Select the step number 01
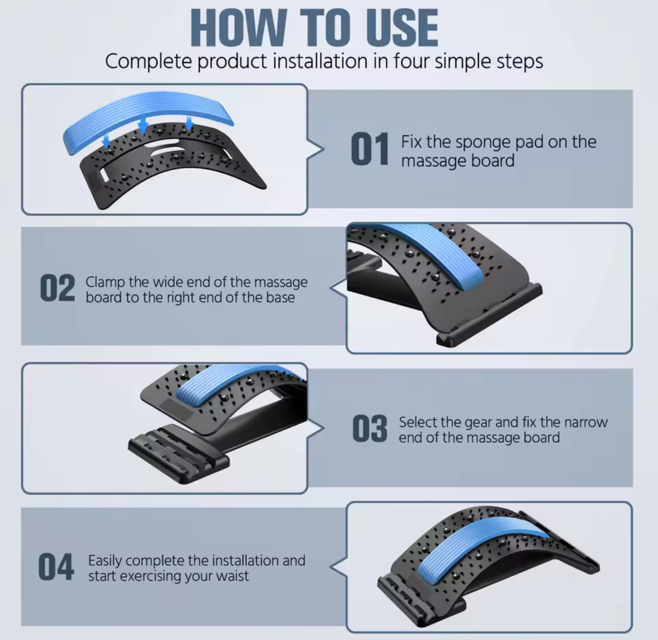(x=369, y=149)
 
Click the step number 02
(x=57, y=288)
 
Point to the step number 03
(x=369, y=429)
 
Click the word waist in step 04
(x=232, y=576)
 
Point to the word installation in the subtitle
(x=320, y=61)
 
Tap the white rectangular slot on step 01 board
(x=104, y=175)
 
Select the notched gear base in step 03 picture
(x=178, y=453)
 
